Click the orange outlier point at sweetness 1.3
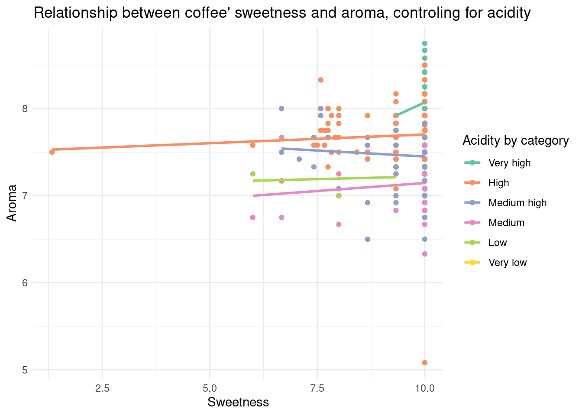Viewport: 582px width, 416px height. [x=52, y=152]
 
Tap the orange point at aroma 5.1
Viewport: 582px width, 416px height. [x=425, y=363]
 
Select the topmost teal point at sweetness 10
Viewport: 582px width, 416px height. [x=425, y=43]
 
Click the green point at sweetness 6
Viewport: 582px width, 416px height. [x=253, y=174]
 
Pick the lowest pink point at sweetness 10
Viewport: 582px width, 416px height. [x=425, y=254]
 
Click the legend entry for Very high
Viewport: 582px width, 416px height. [x=509, y=163]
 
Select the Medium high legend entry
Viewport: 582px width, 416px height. [x=517, y=203]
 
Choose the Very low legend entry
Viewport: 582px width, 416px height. [x=507, y=263]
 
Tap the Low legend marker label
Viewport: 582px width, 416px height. [x=498, y=243]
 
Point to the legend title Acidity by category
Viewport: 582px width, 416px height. [x=515, y=140]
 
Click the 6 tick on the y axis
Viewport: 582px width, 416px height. [x=25, y=283]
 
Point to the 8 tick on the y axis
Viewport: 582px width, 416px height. [x=25, y=109]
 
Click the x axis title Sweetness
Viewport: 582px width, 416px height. [x=238, y=403]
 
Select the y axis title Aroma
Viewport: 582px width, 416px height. [x=12, y=203]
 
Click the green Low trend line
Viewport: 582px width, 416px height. [x=325, y=179]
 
